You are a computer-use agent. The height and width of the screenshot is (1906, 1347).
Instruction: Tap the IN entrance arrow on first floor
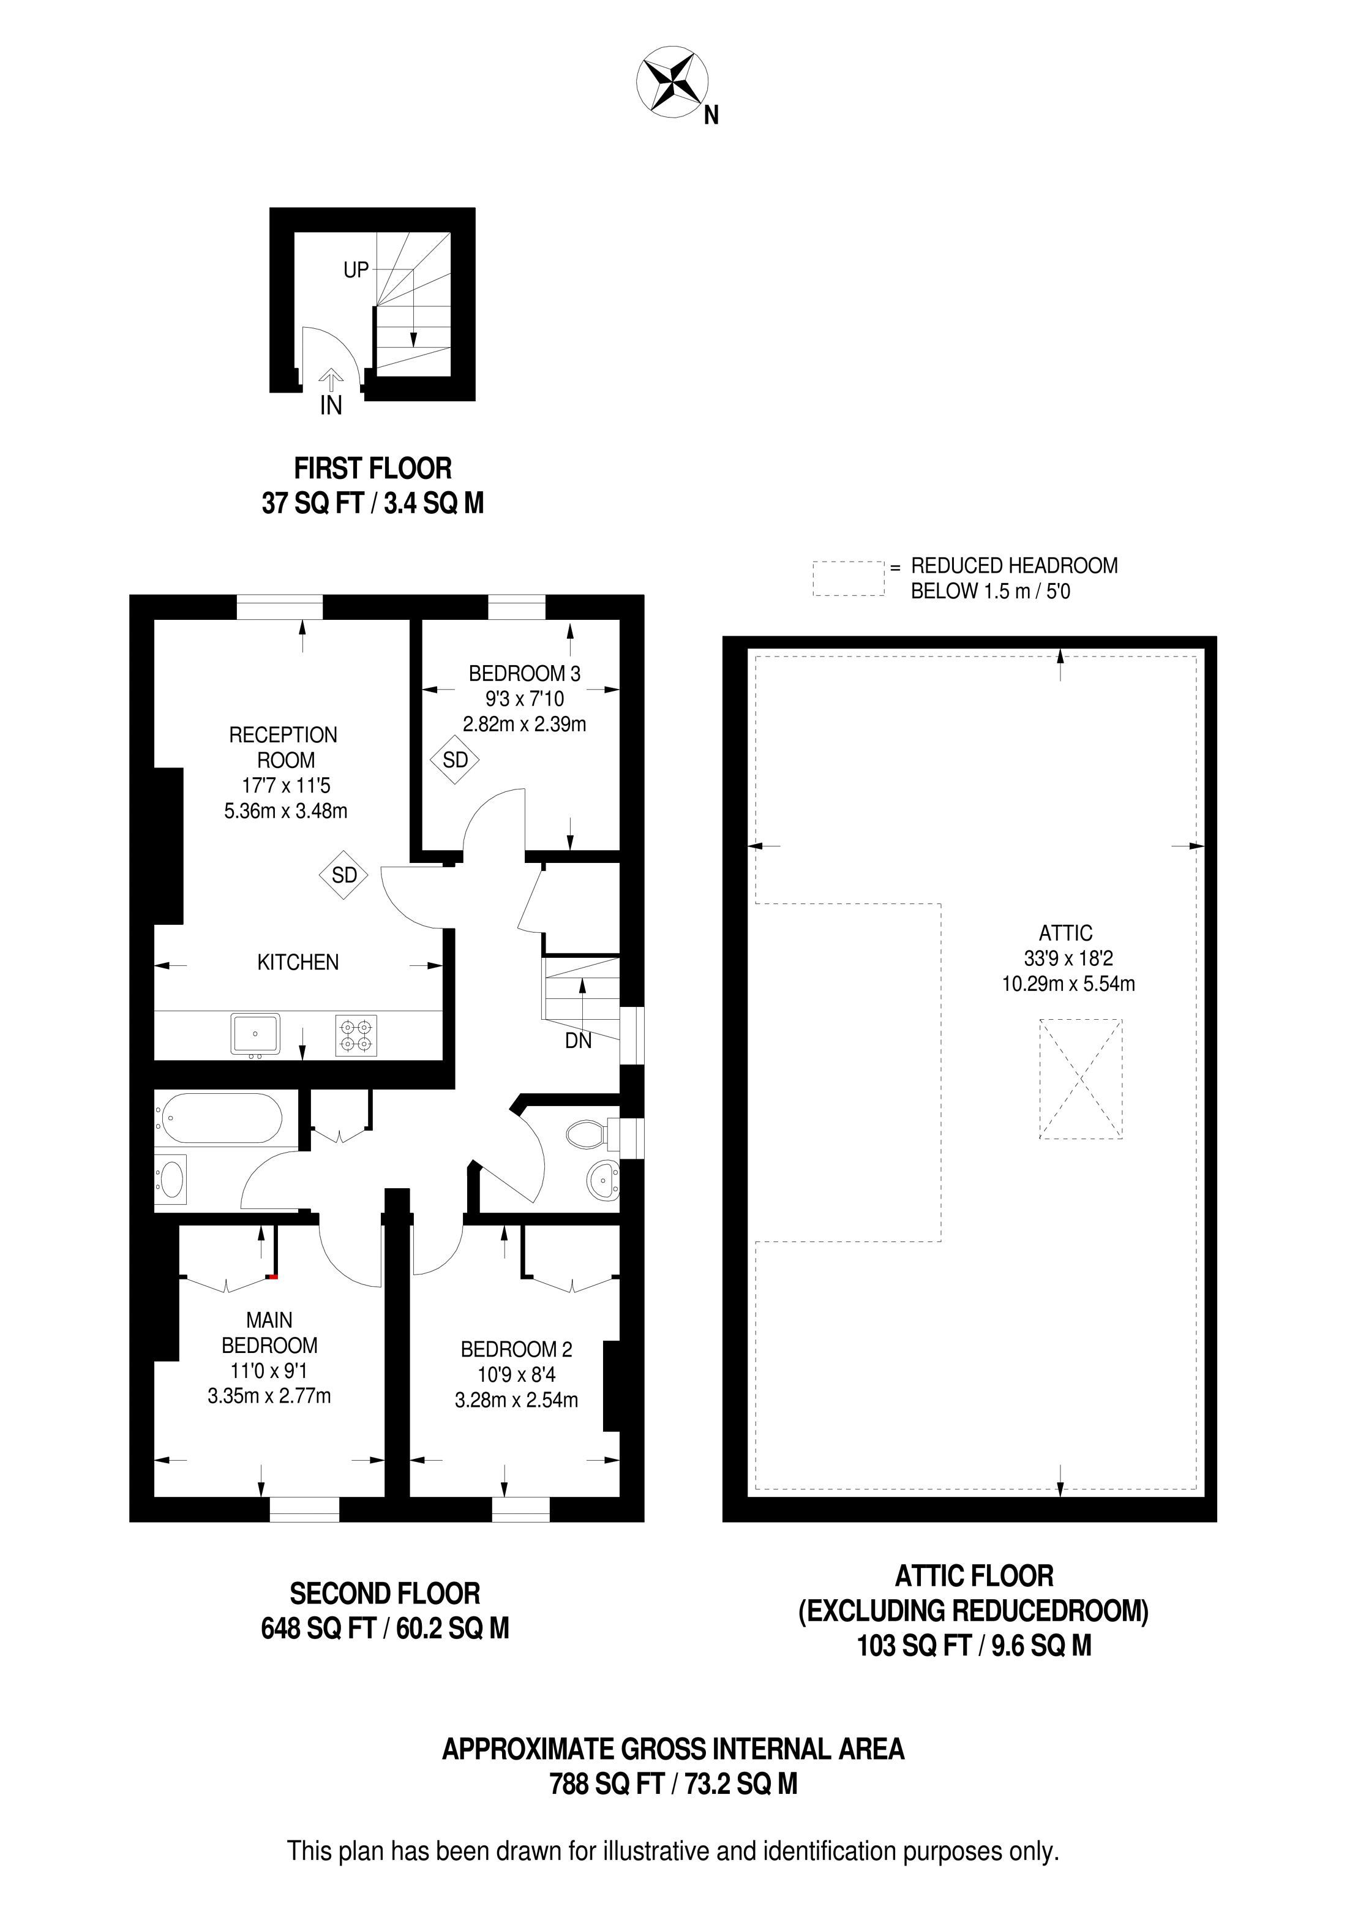(331, 381)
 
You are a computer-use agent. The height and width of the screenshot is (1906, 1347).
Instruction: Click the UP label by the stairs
(356, 270)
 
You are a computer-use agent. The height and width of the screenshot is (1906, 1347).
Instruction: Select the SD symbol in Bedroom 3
(455, 759)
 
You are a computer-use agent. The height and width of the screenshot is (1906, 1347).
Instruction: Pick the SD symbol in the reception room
(343, 875)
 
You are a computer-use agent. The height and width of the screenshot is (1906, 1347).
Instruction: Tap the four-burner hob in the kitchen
(356, 1035)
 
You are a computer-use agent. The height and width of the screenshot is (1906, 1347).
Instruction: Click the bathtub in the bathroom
(222, 1117)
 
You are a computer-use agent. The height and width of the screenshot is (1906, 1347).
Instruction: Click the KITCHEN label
(298, 963)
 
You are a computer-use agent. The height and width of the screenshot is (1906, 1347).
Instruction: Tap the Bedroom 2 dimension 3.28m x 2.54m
(516, 1401)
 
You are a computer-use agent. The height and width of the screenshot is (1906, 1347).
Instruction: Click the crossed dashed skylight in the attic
(1081, 1079)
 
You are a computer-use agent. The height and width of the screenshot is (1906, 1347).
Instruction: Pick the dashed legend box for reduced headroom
(848, 579)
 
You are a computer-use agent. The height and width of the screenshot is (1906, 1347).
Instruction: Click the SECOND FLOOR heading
(385, 1594)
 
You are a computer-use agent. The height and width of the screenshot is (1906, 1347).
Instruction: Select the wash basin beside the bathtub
(172, 1179)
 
